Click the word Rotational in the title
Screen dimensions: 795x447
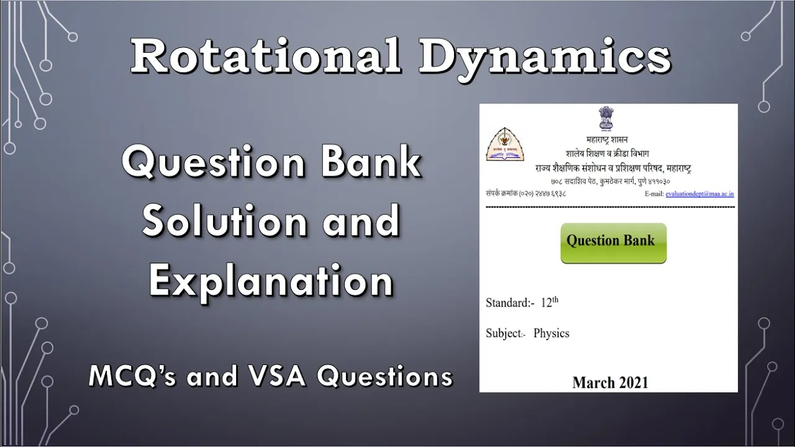tap(266, 56)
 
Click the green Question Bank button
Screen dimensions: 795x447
tap(613, 243)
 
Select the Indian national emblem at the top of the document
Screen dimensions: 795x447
tap(607, 118)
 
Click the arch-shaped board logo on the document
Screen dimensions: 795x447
tap(505, 145)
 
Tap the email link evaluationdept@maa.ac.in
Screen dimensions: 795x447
tap(699, 194)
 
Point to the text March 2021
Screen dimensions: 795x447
tap(610, 383)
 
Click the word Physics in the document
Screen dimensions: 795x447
tap(551, 333)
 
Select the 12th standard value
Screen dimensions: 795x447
tap(550, 302)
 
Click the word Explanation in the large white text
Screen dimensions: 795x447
tap(271, 282)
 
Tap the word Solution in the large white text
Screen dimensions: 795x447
tap(224, 221)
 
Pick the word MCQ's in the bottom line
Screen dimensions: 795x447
tap(132, 376)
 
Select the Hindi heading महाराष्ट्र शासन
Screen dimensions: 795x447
tap(607, 140)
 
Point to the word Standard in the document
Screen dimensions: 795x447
tap(508, 302)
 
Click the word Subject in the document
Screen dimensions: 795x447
tap(503, 333)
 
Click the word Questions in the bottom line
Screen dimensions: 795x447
tap(384, 376)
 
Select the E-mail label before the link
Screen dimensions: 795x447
tap(654, 194)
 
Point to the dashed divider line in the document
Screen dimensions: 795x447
tap(610, 207)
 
